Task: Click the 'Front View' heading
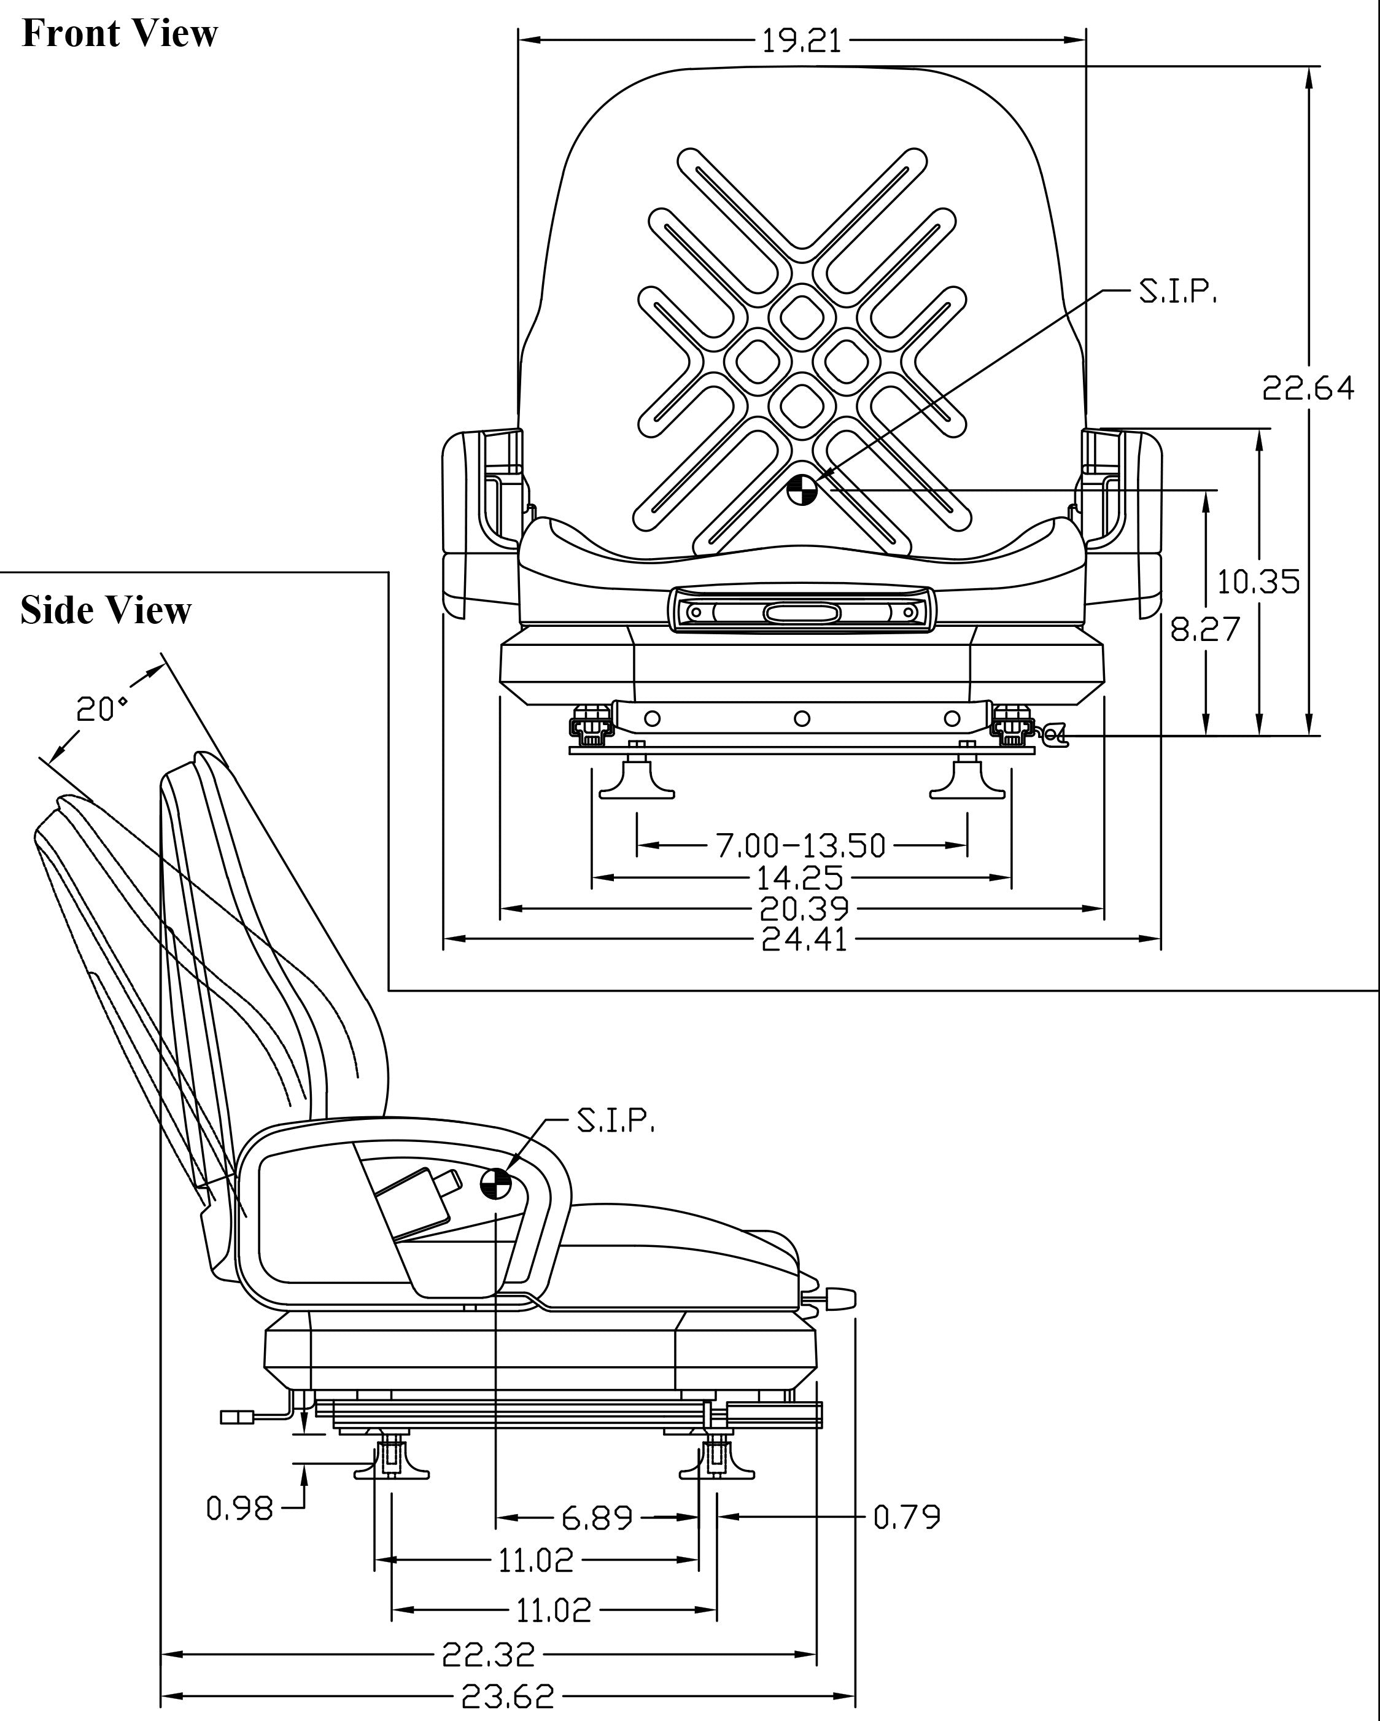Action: (x=120, y=34)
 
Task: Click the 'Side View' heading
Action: (x=106, y=611)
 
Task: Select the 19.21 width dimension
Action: (x=801, y=40)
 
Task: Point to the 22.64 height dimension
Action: (x=1308, y=388)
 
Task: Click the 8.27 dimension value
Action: (x=1205, y=629)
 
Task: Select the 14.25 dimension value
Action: (x=800, y=877)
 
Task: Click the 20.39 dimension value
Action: (x=804, y=909)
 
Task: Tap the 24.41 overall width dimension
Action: (x=804, y=939)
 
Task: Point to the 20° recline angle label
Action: (x=101, y=709)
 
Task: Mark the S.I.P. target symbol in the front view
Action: (x=801, y=490)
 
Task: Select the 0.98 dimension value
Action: (x=239, y=1509)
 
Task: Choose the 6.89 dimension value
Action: (x=597, y=1517)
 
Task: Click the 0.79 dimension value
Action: (x=907, y=1517)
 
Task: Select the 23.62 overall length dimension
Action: (x=508, y=1695)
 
